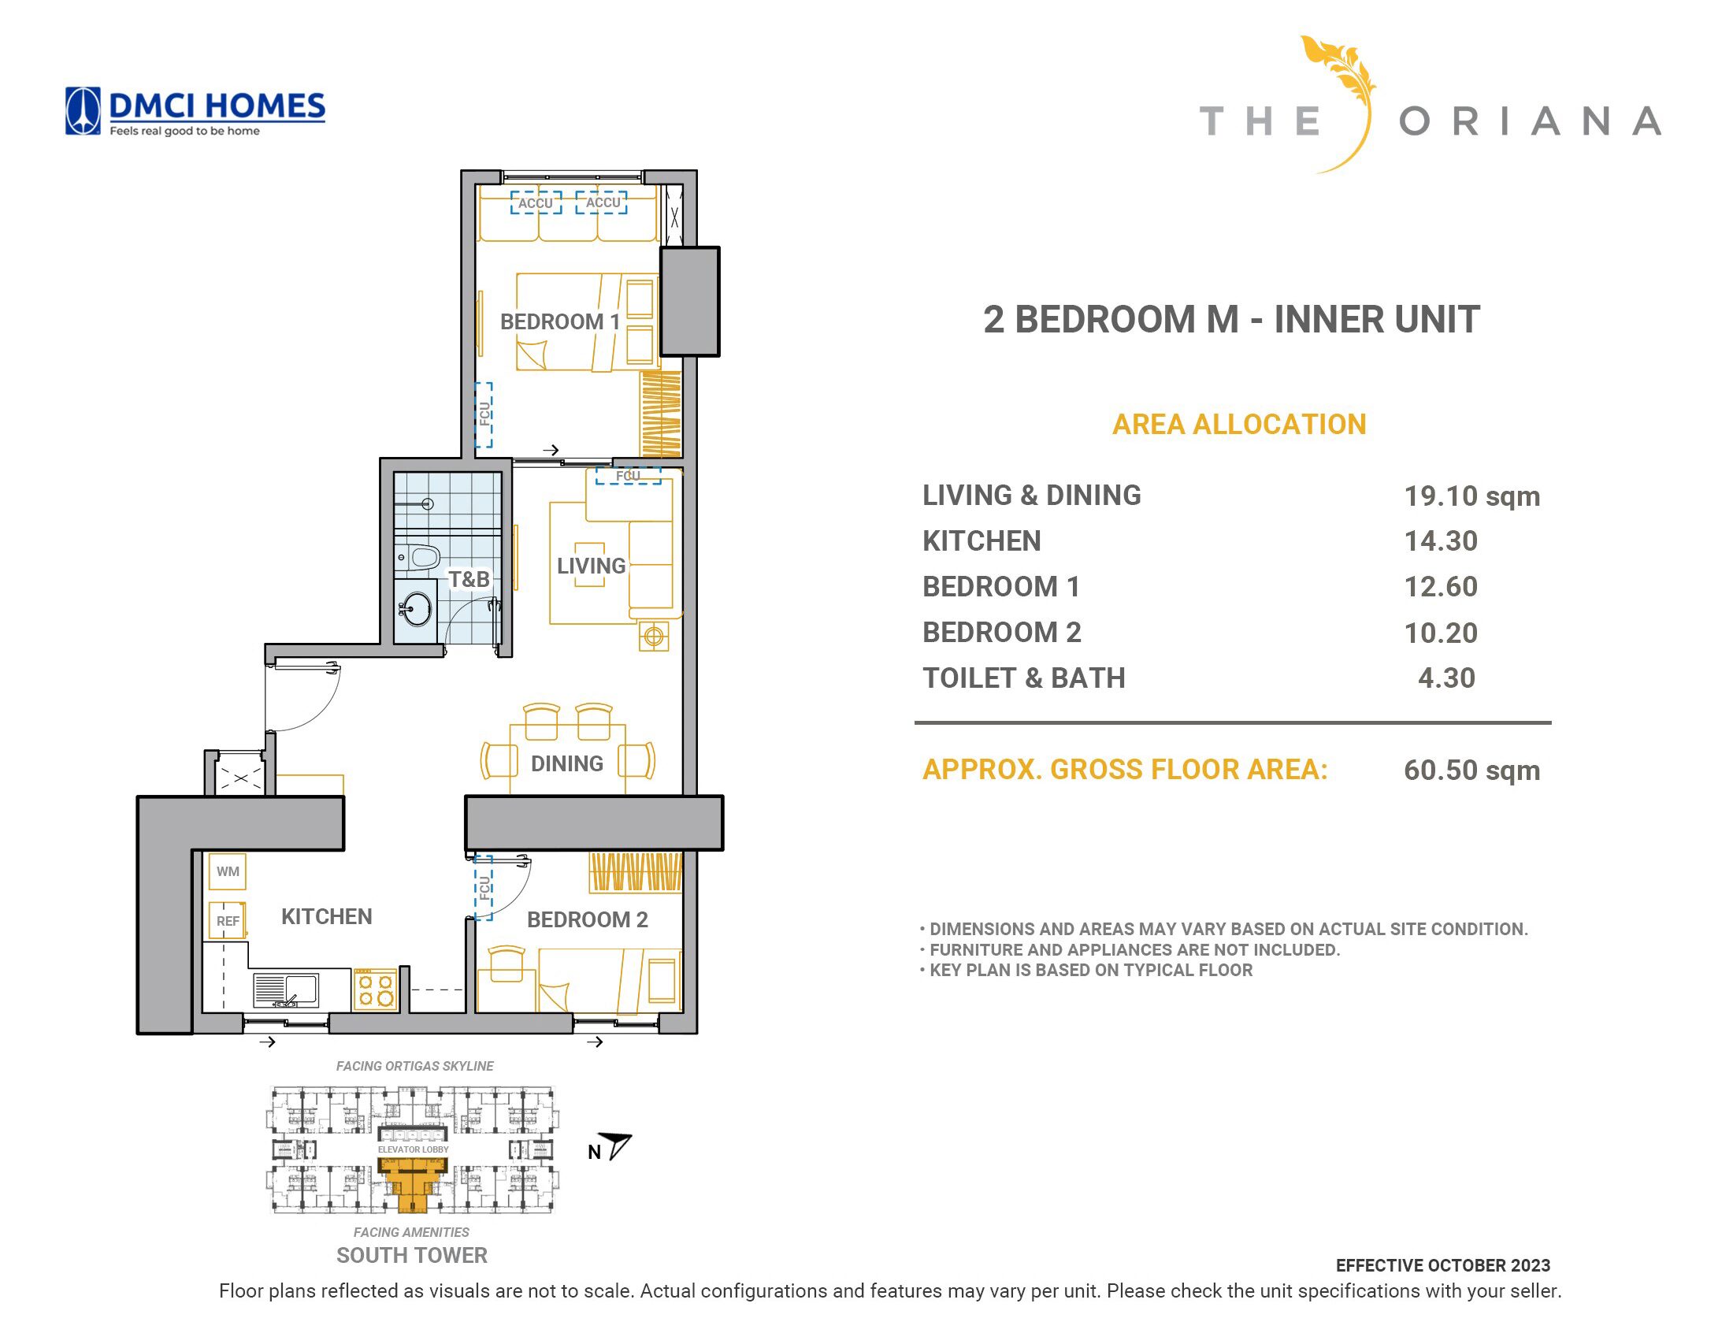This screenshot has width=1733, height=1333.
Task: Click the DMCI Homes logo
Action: (x=195, y=111)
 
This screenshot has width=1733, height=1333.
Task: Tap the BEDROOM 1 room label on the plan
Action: (x=559, y=321)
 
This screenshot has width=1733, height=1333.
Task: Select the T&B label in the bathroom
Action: (x=469, y=579)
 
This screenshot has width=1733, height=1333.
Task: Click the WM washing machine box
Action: (x=228, y=871)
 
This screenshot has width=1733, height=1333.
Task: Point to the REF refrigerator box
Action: (x=228, y=921)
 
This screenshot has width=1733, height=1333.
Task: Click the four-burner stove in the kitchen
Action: (x=375, y=990)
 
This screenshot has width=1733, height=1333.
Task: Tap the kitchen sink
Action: (x=285, y=990)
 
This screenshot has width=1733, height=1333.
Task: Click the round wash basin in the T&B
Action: (x=417, y=608)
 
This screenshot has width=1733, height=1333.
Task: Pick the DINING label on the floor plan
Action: (x=567, y=763)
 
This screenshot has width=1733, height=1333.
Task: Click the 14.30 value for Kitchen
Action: (x=1440, y=541)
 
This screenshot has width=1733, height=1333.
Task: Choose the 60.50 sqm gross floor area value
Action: (x=1471, y=770)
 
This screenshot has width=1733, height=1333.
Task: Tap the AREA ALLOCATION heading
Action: (x=1239, y=425)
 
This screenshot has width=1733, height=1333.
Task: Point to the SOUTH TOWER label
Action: (x=412, y=1255)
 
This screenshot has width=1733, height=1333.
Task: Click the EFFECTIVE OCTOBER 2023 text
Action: (x=1442, y=1265)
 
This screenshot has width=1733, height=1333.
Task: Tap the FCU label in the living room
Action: (x=628, y=476)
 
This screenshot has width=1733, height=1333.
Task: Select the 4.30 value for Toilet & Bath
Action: (x=1447, y=678)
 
